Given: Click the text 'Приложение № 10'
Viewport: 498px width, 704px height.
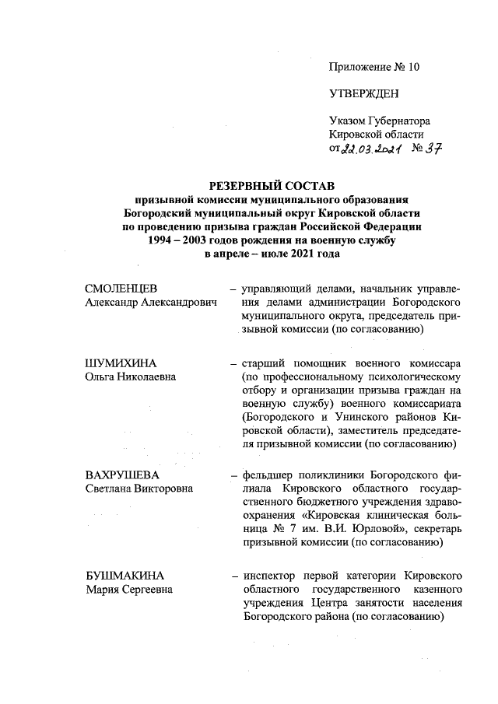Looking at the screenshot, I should pyautogui.click(x=373, y=67).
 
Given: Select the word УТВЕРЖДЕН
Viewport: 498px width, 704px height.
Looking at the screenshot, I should pyautogui.click(x=364, y=94).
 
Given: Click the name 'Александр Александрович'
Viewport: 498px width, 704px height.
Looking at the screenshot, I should pyautogui.click(x=149, y=303).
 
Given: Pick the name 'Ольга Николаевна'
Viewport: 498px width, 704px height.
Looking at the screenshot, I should pyautogui.click(x=130, y=377).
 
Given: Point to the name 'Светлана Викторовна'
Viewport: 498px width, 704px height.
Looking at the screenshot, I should pyautogui.click(x=139, y=488).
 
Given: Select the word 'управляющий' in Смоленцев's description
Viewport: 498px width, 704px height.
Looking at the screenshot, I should pyautogui.click(x=278, y=289).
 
